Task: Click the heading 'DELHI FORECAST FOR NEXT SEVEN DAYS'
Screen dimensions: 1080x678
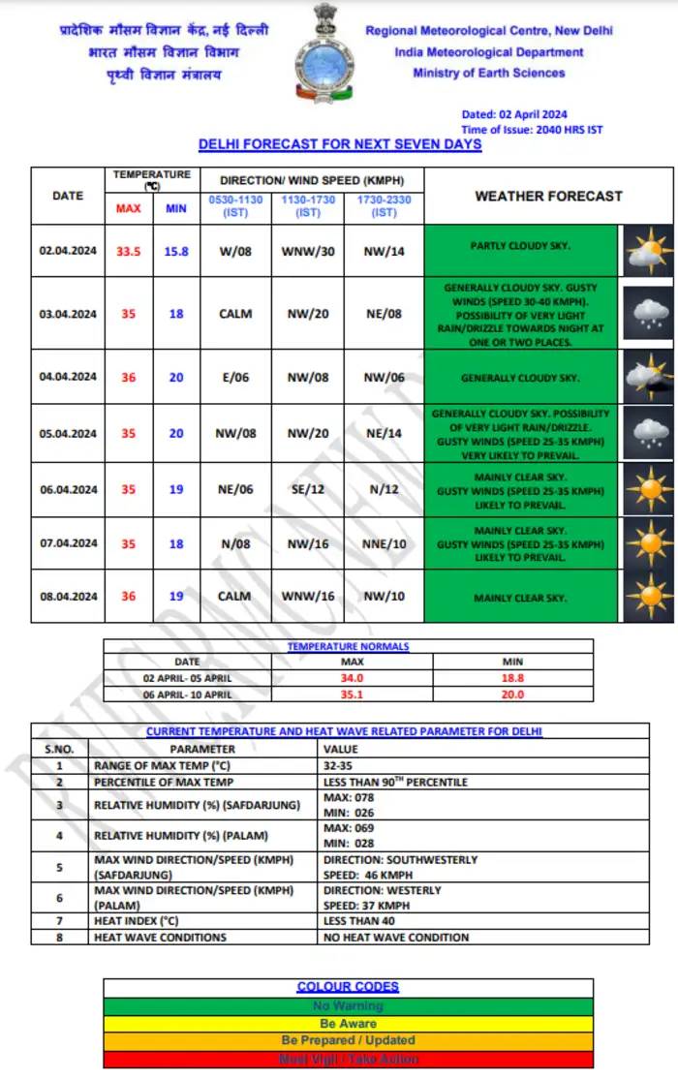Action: [340, 144]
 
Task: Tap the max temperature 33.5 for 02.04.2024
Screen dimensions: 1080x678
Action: [129, 251]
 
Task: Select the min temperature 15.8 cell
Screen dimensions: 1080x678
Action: [176, 251]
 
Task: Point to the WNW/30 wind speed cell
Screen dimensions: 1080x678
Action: [308, 251]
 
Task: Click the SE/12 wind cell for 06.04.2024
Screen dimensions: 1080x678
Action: [308, 490]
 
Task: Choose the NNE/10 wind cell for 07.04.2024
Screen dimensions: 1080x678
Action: [384, 543]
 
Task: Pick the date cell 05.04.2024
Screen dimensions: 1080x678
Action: [68, 434]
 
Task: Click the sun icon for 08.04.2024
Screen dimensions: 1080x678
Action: [646, 597]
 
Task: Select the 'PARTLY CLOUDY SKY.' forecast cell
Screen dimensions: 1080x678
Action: [521, 247]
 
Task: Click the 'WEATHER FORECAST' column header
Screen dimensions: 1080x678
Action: [548, 196]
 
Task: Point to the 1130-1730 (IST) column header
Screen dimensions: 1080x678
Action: [308, 205]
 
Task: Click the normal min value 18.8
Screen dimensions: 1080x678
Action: [512, 679]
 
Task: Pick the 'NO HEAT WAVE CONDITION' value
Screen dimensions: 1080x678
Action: [396, 937]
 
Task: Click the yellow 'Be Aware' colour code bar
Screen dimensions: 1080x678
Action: [348, 1023]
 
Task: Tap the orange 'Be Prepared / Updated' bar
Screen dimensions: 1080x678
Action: [348, 1040]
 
